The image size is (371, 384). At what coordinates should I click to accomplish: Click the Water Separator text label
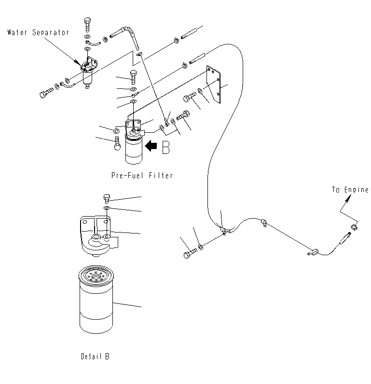(x=38, y=33)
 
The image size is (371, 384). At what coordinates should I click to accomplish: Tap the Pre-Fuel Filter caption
(x=141, y=176)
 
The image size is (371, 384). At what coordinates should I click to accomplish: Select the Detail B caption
(x=95, y=357)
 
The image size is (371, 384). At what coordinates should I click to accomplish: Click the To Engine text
(x=349, y=190)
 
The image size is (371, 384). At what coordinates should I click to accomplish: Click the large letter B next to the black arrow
(x=165, y=147)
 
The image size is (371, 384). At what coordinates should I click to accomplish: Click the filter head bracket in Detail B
(x=96, y=234)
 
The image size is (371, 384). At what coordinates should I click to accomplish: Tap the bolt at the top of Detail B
(x=108, y=197)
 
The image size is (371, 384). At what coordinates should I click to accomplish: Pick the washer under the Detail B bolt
(x=108, y=208)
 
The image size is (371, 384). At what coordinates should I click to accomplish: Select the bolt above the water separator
(x=87, y=23)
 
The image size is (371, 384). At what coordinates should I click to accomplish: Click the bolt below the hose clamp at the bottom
(x=190, y=253)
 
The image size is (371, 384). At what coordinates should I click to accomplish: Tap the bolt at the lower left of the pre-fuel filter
(x=116, y=144)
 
